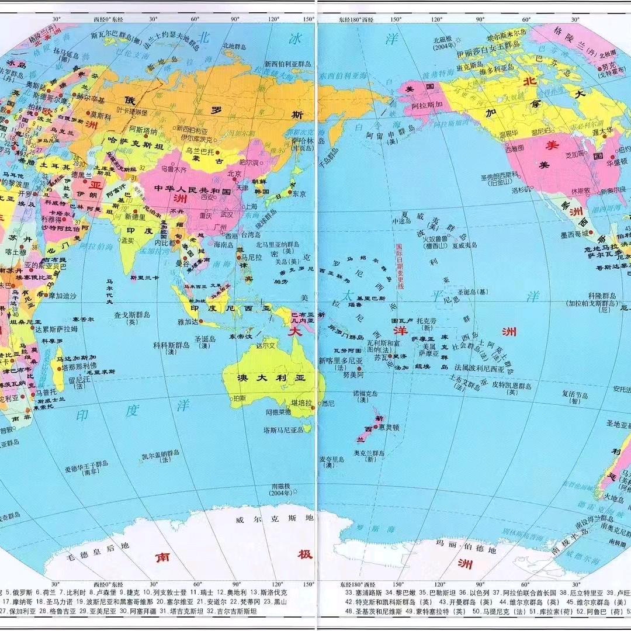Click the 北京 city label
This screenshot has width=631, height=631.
[234, 173]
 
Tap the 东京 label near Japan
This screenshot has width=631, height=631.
[299, 193]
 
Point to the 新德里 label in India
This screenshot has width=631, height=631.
[134, 216]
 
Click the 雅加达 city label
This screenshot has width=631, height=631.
[188, 321]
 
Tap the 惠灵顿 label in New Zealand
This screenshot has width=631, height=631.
[389, 427]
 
